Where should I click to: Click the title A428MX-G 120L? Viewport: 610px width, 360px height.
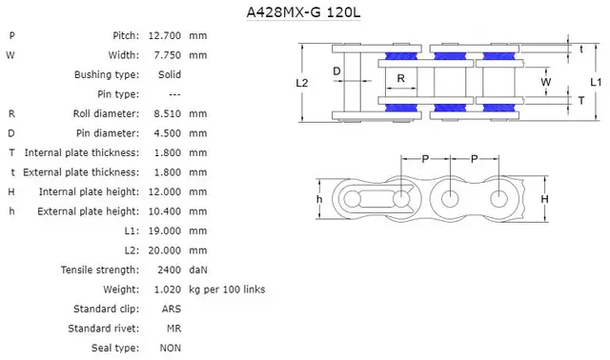(x=304, y=13)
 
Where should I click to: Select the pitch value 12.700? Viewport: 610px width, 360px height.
(x=165, y=35)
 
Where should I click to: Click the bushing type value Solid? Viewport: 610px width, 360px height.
(x=171, y=74)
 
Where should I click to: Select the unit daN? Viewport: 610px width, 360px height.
(x=197, y=270)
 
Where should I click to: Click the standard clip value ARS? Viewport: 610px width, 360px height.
(x=172, y=309)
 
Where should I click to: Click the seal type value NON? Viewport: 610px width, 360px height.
(x=172, y=349)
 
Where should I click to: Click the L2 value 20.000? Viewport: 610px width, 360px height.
(x=165, y=250)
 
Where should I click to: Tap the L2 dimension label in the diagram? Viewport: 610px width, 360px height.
(x=301, y=83)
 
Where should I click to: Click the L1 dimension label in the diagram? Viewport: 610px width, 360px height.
(x=595, y=83)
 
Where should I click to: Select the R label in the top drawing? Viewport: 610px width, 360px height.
(x=401, y=78)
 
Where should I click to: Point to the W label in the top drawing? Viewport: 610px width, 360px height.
(x=545, y=82)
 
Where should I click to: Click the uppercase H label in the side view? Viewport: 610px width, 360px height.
(x=544, y=199)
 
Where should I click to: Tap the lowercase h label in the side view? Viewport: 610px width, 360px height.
(x=318, y=199)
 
